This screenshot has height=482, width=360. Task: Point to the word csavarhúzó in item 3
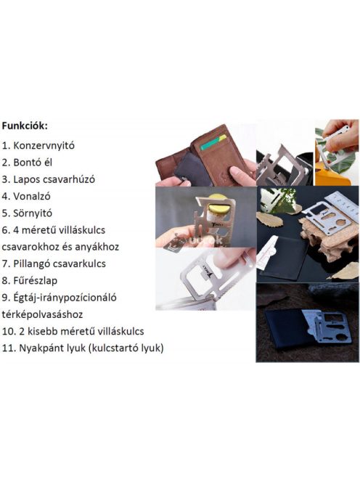71,179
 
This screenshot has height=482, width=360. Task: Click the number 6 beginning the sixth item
6,229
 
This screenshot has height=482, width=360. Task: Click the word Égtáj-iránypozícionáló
65,298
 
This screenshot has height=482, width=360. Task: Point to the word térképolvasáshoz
44,314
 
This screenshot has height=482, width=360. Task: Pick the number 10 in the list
9,331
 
